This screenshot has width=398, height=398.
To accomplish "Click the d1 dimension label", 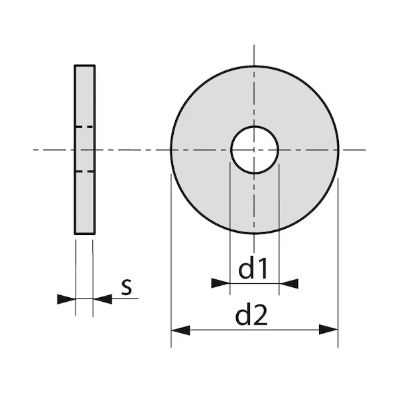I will tap(253, 269).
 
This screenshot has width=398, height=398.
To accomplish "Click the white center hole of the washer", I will tap(254, 149).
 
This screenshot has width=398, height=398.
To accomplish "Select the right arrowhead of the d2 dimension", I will tap(329, 330).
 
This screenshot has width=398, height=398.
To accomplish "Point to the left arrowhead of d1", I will tap(220, 283).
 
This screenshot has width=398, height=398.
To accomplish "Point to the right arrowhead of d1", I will tap(289, 283).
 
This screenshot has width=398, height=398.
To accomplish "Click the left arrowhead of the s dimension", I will tap(66, 299).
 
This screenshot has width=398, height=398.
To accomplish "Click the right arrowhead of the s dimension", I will tap(102, 299).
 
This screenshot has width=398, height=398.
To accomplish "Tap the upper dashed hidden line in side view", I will tap(84, 126).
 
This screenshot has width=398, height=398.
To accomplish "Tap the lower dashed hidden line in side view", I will tap(84, 172).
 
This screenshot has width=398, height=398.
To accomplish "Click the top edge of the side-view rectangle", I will tap(84, 66).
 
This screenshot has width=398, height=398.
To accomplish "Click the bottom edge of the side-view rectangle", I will tap(84, 233).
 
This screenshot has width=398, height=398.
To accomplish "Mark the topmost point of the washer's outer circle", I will tap(254, 66).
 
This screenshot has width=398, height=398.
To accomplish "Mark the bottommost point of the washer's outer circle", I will tap(254, 233).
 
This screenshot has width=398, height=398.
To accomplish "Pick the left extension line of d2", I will tap(171, 265).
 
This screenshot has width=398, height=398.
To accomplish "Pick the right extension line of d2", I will tap(338, 265).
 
